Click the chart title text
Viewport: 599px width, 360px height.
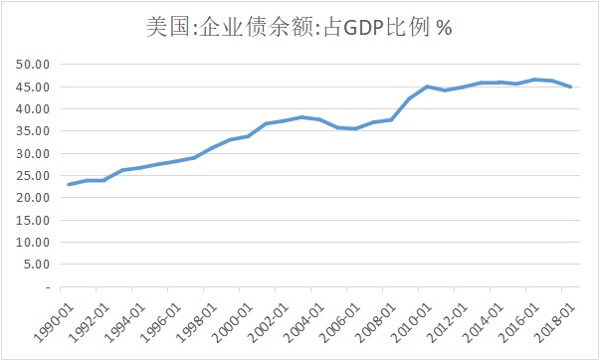point(299,28)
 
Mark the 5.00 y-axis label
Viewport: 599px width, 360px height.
point(37,265)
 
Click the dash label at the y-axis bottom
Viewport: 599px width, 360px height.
point(46,286)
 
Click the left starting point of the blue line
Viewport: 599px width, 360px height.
point(68,185)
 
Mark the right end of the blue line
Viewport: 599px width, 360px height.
point(570,87)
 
